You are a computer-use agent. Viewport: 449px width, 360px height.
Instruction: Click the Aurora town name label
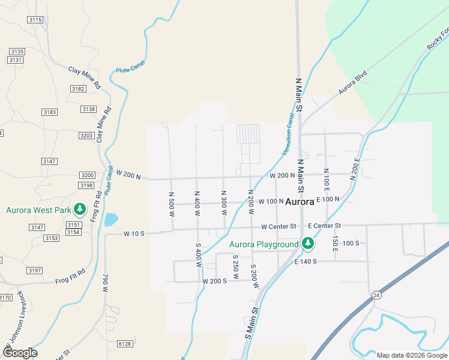click(300, 202)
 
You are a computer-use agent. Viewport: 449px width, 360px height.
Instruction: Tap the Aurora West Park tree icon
click(79, 210)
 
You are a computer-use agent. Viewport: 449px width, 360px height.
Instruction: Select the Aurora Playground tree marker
click(307, 244)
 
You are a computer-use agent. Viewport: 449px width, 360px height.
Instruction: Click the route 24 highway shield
click(376, 295)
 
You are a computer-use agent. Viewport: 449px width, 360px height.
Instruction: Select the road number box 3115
click(35, 20)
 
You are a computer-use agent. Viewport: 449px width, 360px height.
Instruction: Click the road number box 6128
click(125, 343)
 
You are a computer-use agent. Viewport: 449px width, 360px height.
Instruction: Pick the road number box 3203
click(86, 136)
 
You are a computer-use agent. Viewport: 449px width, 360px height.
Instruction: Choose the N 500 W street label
click(172, 204)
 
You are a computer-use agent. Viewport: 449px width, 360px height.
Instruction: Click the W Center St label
click(279, 226)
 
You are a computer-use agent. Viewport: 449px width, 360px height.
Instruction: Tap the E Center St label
click(324, 226)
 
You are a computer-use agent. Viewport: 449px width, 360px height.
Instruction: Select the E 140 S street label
click(306, 262)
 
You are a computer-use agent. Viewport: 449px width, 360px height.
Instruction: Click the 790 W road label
click(105, 282)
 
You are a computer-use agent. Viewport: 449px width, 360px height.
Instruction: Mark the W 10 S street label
click(134, 233)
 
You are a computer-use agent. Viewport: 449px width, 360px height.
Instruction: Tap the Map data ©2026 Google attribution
click(412, 355)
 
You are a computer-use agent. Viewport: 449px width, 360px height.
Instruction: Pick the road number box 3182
click(77, 89)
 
